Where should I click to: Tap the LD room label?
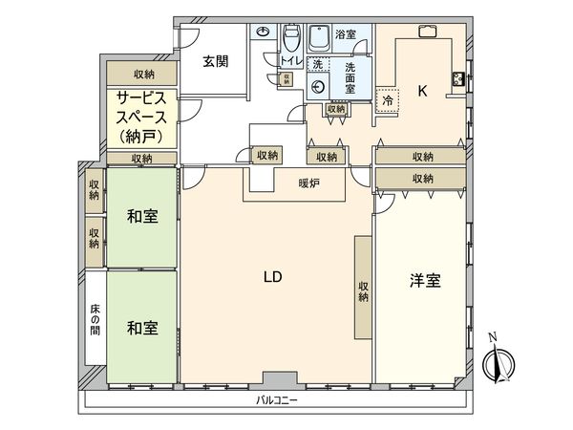click(272, 276)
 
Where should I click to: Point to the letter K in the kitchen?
click(421, 93)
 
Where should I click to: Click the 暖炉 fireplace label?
click(308, 182)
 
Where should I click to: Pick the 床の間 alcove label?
click(95, 318)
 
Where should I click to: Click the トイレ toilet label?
click(289, 62)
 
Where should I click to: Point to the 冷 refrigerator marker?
click(388, 98)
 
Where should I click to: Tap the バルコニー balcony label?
click(278, 401)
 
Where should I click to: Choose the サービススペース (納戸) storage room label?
click(142, 118)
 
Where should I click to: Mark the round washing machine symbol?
click(319, 86)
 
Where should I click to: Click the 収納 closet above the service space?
click(142, 75)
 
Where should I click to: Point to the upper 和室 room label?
click(142, 217)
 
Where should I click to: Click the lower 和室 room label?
click(142, 327)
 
